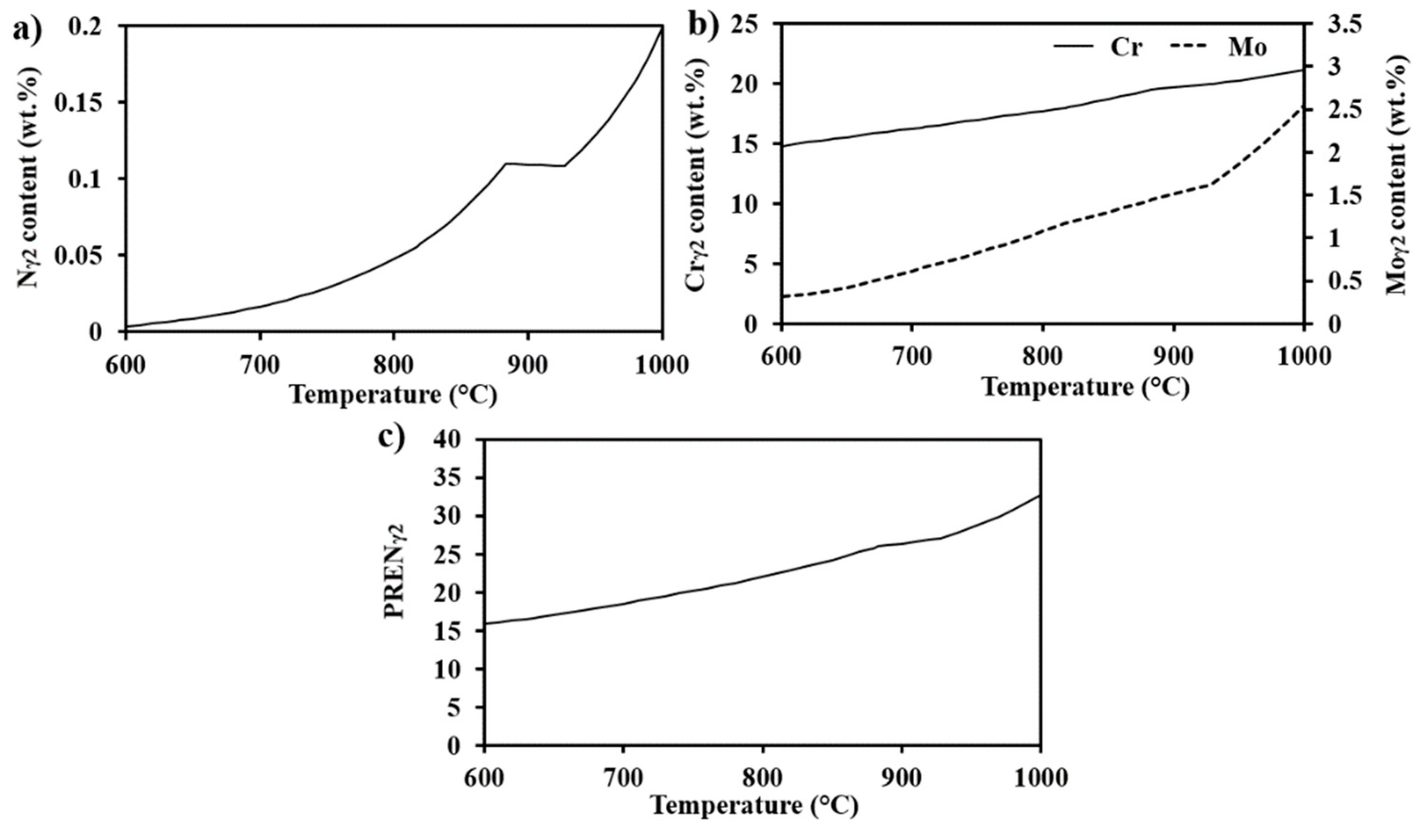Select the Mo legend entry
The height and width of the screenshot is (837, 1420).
pos(1248,48)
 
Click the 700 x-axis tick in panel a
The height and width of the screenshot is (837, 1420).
pos(259,365)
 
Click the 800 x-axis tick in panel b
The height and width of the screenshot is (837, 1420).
pos(1042,357)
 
